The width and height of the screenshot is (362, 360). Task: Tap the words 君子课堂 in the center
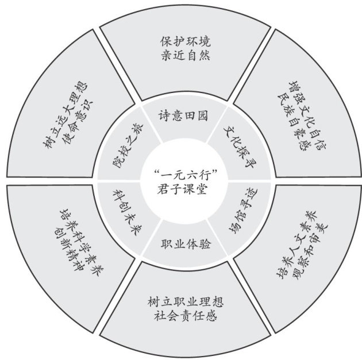click(182, 187)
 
